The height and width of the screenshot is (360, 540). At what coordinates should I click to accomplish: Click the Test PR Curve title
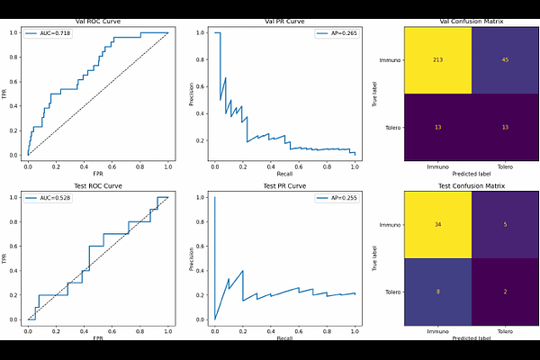[x=284, y=184]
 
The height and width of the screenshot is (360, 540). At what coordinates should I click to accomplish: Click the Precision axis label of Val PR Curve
[x=192, y=94]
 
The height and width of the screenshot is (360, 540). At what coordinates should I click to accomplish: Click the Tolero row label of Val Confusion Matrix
[x=391, y=128]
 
